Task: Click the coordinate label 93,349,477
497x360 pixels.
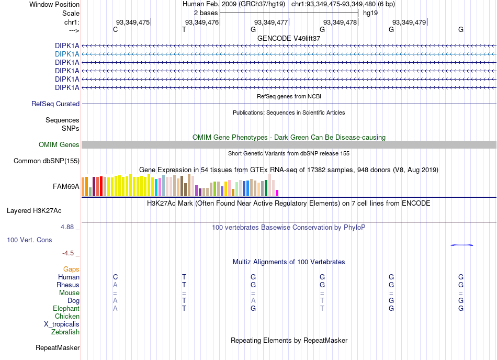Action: [270, 22]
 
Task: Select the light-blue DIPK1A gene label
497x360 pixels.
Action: [67, 54]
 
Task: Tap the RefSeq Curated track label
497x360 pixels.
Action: [55, 104]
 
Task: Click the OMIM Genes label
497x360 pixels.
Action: [59, 145]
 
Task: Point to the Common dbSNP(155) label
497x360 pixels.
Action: [47, 161]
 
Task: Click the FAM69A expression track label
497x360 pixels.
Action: [66, 187]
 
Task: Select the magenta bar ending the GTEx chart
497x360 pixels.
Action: [277, 193]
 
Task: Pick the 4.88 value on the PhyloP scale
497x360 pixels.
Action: [67, 227]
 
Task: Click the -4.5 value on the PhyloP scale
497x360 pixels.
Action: [68, 253]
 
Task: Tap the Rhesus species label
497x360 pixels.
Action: [68, 285]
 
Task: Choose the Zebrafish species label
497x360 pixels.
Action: [65, 332]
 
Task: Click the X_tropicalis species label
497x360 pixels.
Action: [62, 324]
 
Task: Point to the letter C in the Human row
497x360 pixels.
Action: [116, 277]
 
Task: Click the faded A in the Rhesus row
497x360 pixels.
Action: [115, 285]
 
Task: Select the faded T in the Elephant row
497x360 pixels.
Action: [322, 308]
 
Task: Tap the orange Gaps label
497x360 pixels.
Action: [71, 269]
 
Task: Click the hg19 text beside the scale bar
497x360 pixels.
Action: [370, 13]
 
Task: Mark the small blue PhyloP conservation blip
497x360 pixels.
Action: [462, 245]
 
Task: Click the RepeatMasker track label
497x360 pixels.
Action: [58, 348]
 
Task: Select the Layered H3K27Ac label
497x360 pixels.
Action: [34, 211]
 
